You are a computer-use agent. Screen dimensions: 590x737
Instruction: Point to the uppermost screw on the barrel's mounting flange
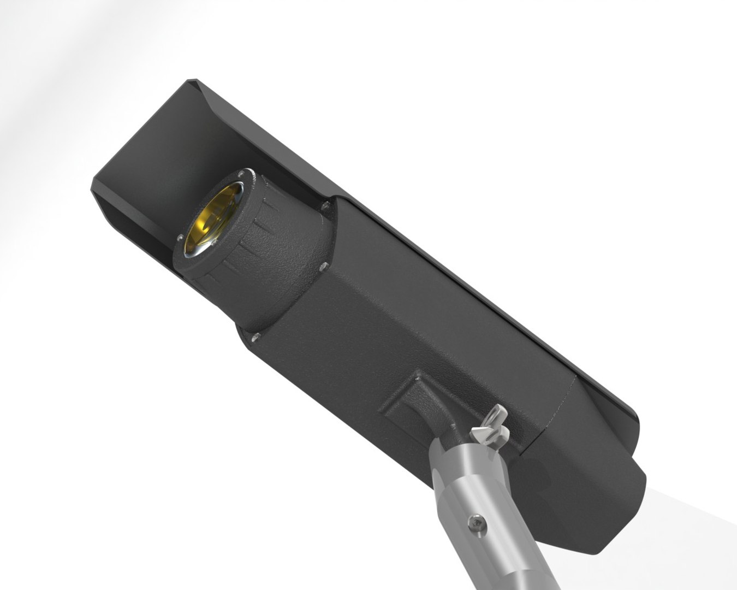[x=325, y=206]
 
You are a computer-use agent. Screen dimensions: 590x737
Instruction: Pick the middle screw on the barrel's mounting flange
[x=323, y=267]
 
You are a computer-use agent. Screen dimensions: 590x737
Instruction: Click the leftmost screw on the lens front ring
[x=180, y=237]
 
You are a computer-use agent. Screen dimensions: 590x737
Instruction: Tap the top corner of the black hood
[x=192, y=81]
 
